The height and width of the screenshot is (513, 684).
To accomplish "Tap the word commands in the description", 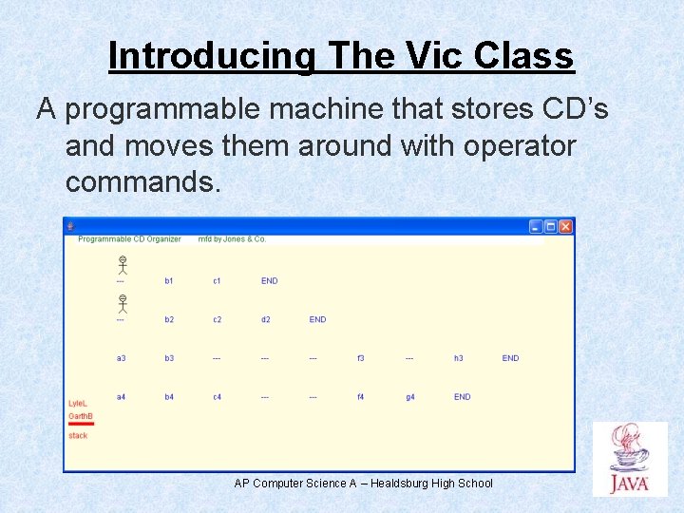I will point(142,180).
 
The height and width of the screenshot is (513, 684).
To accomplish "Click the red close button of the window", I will point(565,226).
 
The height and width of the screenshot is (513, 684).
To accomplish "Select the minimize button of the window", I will point(536,226).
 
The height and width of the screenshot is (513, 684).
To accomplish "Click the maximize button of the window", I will point(551,226).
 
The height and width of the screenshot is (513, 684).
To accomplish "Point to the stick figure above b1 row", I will point(122,264).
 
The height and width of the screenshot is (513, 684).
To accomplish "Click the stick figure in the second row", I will point(122,304).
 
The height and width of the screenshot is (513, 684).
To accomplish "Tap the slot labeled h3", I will point(458,358).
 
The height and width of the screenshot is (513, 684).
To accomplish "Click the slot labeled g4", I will point(409,397).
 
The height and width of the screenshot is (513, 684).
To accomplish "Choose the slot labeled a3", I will point(121,358).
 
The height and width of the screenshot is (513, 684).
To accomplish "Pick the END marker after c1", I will point(270,281).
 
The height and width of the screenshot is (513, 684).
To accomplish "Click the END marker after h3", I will point(510,358).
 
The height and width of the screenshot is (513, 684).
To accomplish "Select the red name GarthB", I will point(81,416).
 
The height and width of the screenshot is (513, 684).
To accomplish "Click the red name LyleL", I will point(78,404).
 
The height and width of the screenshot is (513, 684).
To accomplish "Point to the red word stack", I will point(78,436).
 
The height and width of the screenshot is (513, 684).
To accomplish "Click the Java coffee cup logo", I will point(629,459).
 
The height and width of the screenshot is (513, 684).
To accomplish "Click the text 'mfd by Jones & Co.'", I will point(232,239).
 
